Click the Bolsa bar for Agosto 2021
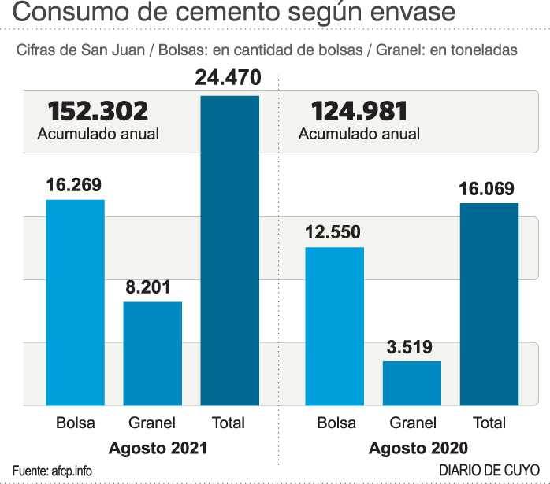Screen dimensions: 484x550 pos(75,302)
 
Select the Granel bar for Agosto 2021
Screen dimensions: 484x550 pos(153,353)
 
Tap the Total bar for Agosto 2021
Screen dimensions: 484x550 pos(230,250)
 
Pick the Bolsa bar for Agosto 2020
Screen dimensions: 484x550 pos(335,326)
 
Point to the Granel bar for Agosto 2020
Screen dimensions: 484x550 pos(412,383)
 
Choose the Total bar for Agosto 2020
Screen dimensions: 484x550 pos(489,304)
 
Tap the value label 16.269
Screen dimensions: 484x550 pos(74,186)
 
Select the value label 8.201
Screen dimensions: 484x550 pos(153,288)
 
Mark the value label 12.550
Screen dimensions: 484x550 pos(334,233)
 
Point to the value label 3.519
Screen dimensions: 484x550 pos(411,347)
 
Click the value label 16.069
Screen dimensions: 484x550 pos(488,189)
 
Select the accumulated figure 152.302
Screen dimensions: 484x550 pos(98,111)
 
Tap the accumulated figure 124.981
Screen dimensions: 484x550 pos(359,111)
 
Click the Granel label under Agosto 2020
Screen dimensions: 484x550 pos(413,423)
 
